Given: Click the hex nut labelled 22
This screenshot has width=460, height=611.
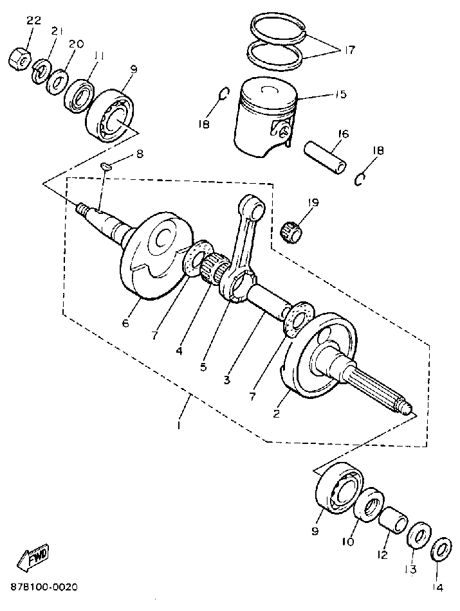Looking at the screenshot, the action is [x=20, y=60].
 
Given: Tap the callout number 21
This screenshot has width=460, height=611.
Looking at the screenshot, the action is [x=57, y=31].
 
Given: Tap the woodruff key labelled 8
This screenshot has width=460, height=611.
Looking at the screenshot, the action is [x=107, y=167].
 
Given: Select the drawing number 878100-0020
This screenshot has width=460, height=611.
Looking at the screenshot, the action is [x=44, y=587].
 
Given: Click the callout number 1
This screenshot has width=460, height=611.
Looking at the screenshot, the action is [x=179, y=425].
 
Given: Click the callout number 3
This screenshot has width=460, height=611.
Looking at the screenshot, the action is [x=226, y=380].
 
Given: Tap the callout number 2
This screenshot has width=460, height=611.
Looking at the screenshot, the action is [x=277, y=413].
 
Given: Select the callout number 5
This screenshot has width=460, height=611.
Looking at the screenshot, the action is [x=203, y=367].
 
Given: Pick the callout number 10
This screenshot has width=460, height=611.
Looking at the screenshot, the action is [x=347, y=542].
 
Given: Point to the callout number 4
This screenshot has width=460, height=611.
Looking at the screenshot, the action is [x=179, y=351].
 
